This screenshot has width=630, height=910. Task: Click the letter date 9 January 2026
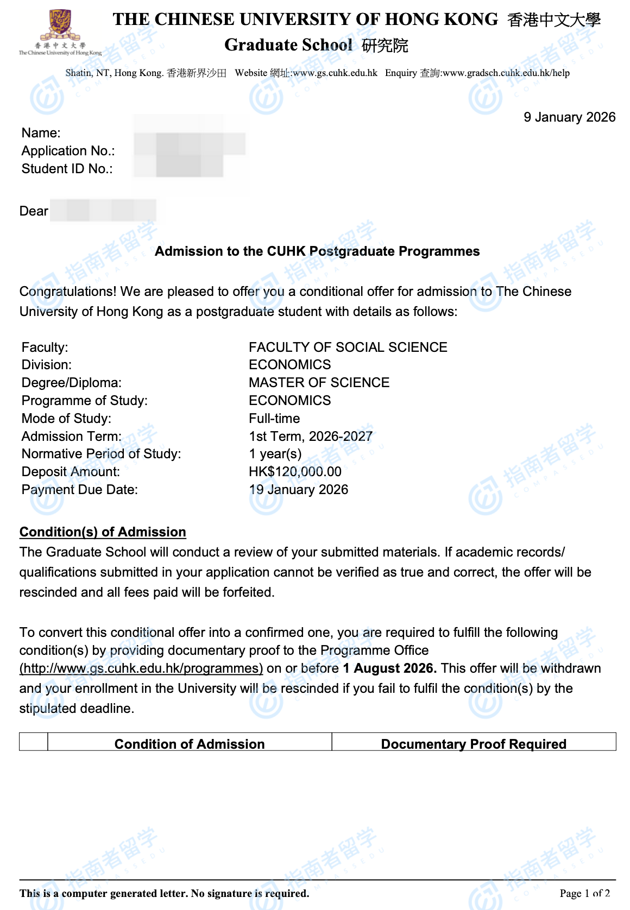(x=569, y=117)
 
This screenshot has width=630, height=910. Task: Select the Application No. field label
(x=68, y=151)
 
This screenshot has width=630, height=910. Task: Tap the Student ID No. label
(x=67, y=169)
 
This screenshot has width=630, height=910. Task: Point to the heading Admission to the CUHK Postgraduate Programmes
(x=317, y=251)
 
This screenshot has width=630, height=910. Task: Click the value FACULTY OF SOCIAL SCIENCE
(x=348, y=347)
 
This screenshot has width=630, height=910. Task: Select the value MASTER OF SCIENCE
(x=319, y=383)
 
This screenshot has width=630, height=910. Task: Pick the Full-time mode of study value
(x=274, y=419)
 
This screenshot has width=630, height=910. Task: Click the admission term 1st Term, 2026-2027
(x=310, y=437)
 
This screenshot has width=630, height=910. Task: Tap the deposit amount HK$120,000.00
(x=295, y=472)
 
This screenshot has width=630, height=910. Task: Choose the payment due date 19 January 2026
(x=298, y=490)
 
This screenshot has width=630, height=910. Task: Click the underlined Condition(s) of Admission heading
(x=103, y=532)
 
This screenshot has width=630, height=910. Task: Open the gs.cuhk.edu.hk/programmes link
(x=141, y=668)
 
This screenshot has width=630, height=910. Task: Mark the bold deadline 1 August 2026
(x=389, y=668)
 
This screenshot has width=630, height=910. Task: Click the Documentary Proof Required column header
(x=474, y=744)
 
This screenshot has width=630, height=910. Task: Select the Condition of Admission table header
(x=190, y=744)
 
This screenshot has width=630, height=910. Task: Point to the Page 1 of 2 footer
(x=584, y=893)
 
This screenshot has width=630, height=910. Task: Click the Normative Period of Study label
(x=101, y=454)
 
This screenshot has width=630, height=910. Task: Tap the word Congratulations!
(x=68, y=292)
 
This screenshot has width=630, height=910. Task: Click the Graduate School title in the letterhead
(x=288, y=45)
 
